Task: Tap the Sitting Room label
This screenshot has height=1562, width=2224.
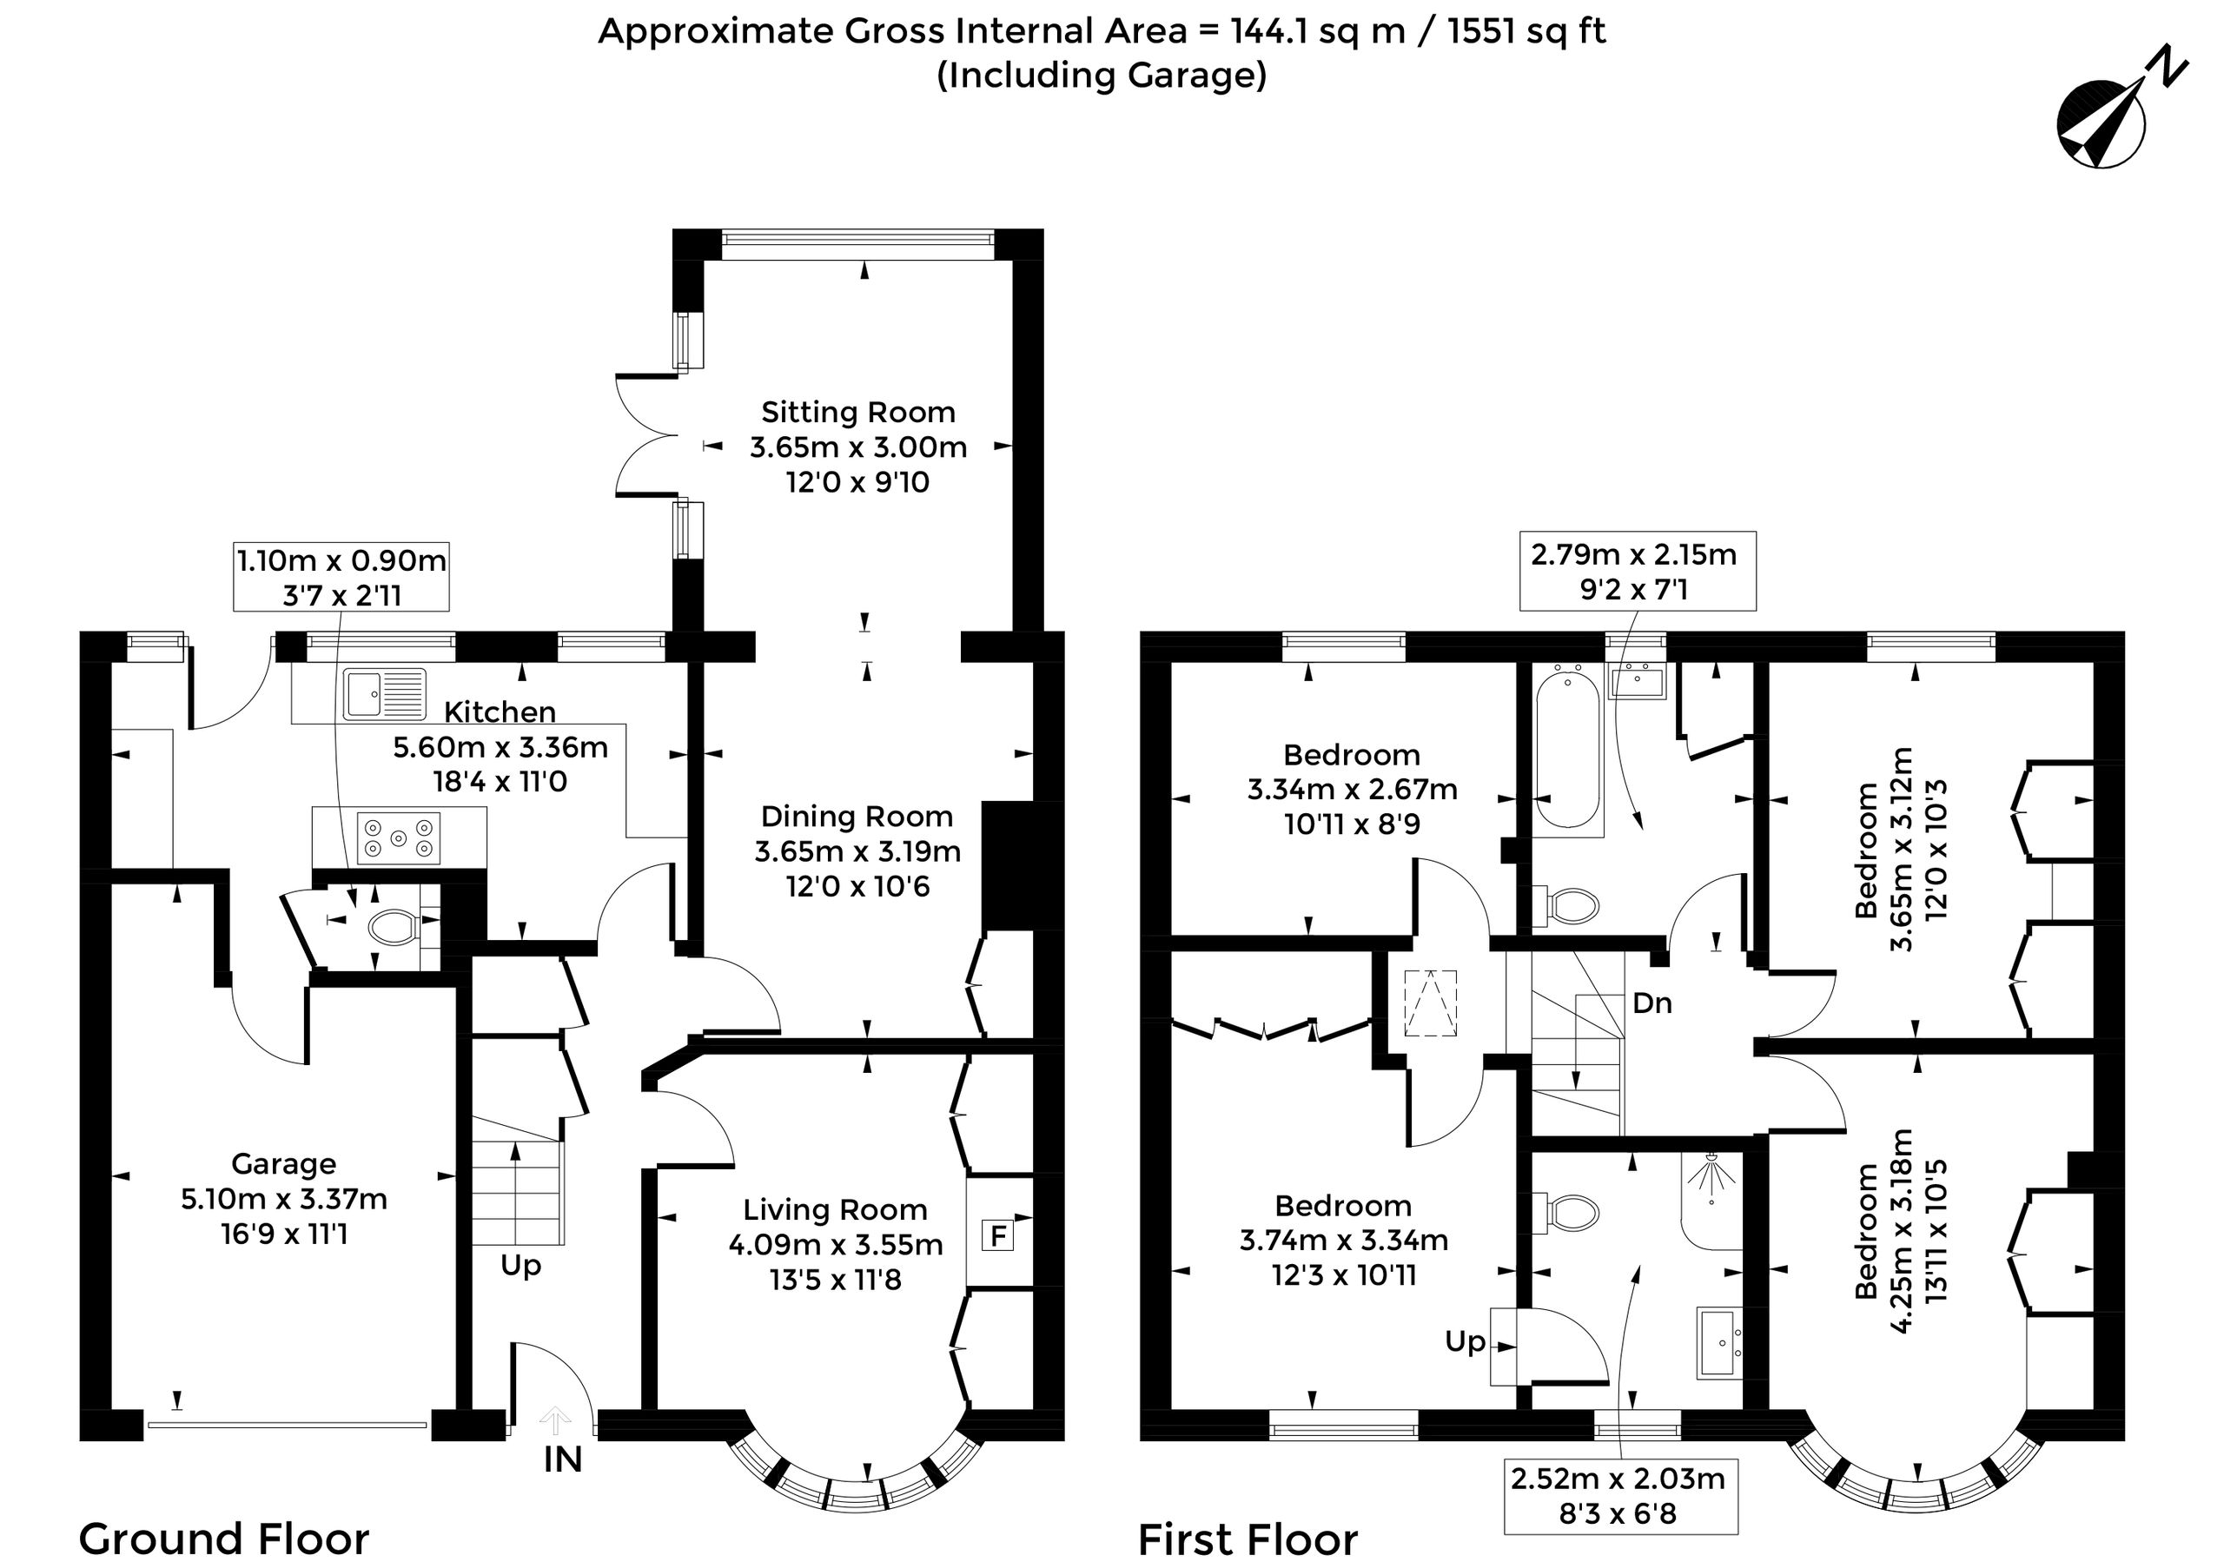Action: click(858, 413)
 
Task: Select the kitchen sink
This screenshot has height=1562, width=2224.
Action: click(385, 692)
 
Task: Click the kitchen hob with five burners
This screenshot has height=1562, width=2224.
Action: click(398, 837)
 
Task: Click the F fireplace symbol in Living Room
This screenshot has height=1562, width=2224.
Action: click(997, 1235)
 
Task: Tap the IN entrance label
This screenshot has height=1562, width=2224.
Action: click(563, 1459)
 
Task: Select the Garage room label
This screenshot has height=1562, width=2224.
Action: click(284, 1163)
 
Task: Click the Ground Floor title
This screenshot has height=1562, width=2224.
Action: click(224, 1539)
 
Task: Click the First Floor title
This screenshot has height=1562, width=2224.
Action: click(1248, 1539)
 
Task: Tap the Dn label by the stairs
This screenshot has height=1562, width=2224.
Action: click(1651, 1003)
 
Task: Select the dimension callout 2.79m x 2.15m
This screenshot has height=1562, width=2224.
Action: click(1637, 572)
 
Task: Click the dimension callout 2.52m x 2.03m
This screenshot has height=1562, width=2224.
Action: click(1620, 1497)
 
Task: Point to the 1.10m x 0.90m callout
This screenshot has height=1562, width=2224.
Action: click(341, 576)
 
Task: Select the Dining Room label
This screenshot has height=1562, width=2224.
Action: click(857, 817)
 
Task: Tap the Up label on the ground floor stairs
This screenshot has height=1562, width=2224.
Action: click(521, 1266)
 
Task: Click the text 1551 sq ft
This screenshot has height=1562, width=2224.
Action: click(1526, 31)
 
